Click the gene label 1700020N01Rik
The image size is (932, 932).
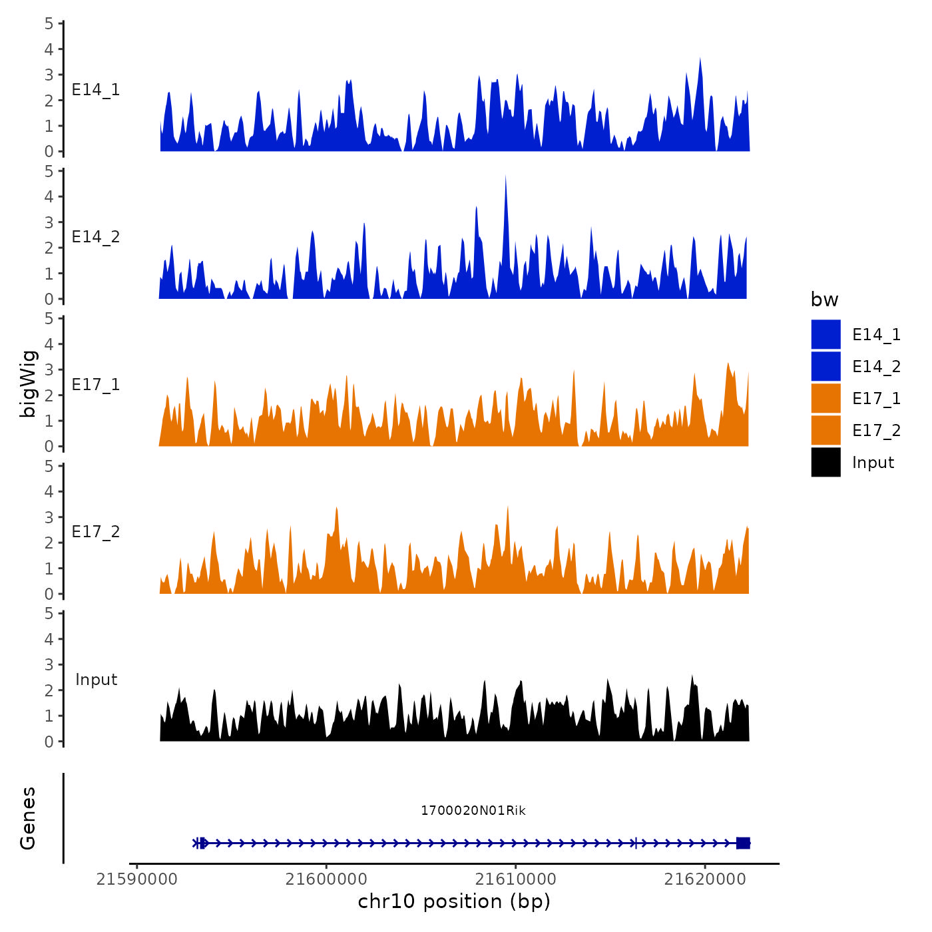pyautogui.click(x=473, y=810)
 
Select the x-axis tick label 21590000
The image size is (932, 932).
pyautogui.click(x=136, y=879)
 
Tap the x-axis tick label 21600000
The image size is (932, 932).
pyautogui.click(x=326, y=879)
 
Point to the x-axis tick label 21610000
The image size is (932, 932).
pyautogui.click(x=515, y=879)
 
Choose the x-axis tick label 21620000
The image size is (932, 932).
pyautogui.click(x=705, y=879)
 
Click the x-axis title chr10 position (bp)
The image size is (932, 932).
pyautogui.click(x=454, y=901)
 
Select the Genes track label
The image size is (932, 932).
pyautogui.click(x=28, y=818)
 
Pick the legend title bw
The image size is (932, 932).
pyautogui.click(x=824, y=300)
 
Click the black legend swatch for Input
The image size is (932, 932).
pyautogui.click(x=825, y=462)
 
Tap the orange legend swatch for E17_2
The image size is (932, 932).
pyautogui.click(x=825, y=430)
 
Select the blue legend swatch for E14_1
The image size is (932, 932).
pyautogui.click(x=825, y=334)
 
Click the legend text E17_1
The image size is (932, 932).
pyautogui.click(x=876, y=398)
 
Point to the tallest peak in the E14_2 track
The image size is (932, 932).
pyautogui.click(x=505, y=177)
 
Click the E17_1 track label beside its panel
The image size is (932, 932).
pyautogui.click(x=96, y=384)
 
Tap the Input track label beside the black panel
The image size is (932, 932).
pyautogui.click(x=96, y=679)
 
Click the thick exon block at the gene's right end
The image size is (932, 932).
pyautogui.click(x=743, y=843)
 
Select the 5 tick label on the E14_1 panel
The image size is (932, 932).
pyautogui.click(x=49, y=23)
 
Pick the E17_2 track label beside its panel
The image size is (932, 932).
pyautogui.click(x=96, y=531)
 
